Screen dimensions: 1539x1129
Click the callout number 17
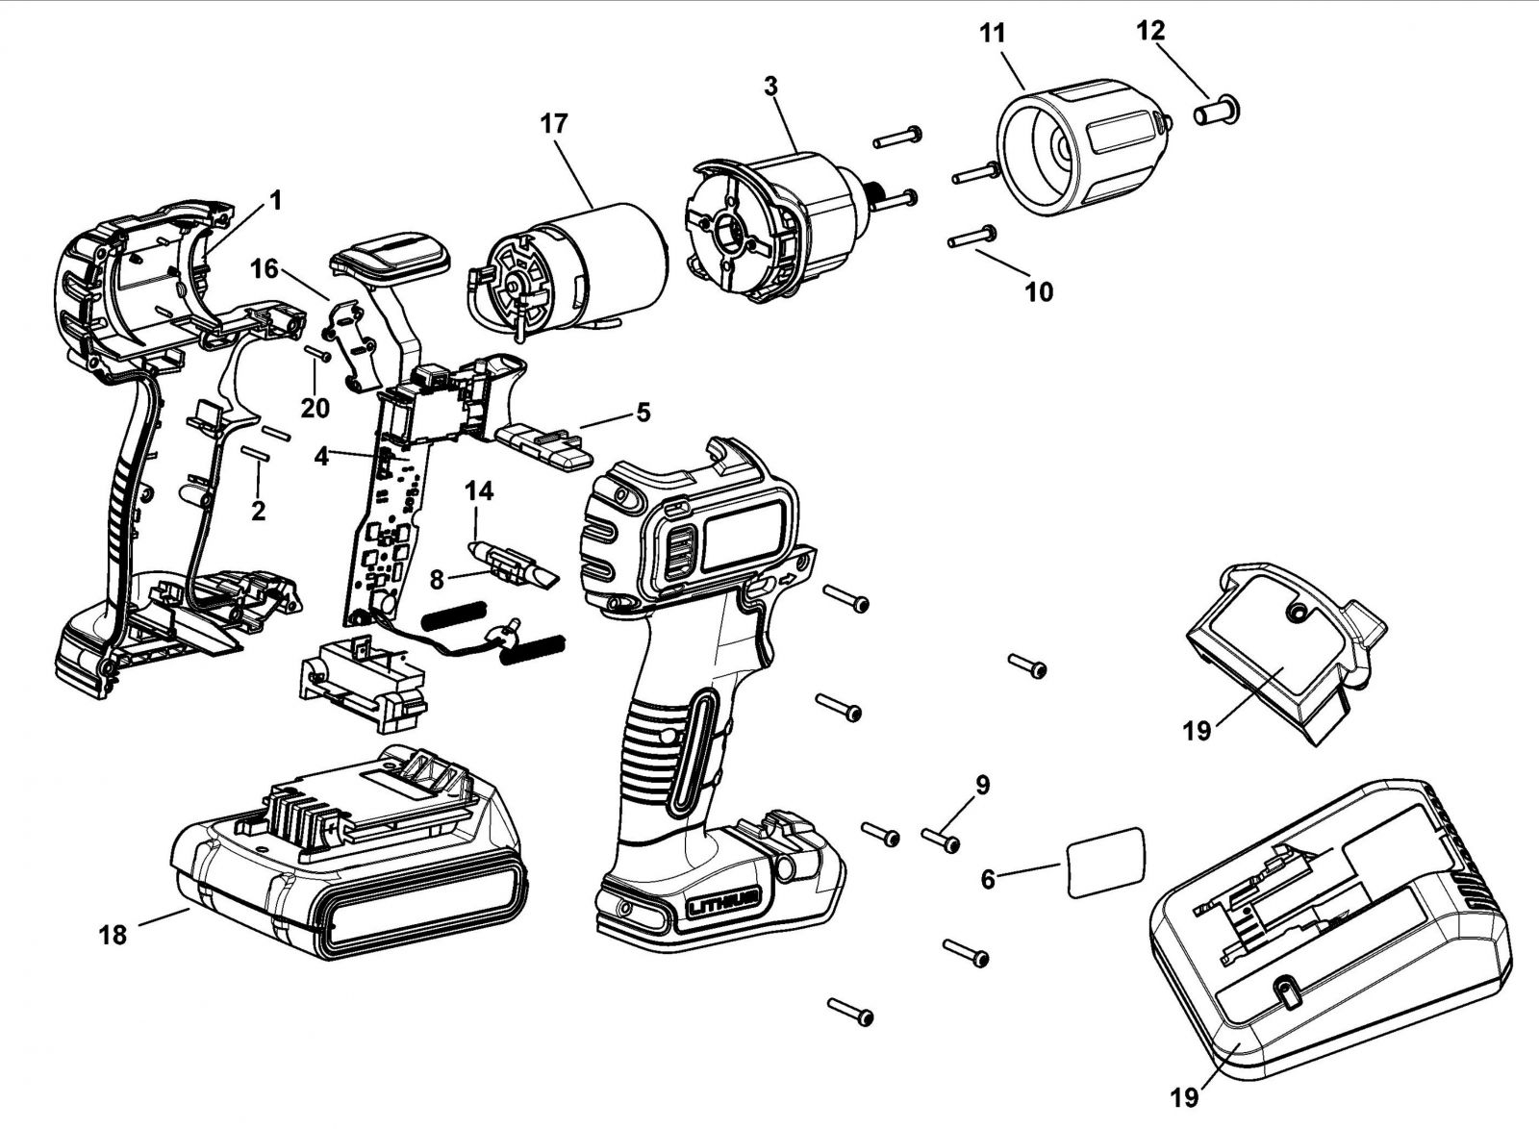(554, 124)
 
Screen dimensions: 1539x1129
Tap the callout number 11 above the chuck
(992, 34)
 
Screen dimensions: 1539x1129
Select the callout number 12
(1151, 31)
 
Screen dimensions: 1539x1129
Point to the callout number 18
(114, 935)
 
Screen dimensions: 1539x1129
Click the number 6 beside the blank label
(988, 880)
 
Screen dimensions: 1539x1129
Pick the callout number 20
(315, 408)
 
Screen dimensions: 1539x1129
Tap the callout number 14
(479, 491)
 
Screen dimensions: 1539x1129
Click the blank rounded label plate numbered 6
(1106, 863)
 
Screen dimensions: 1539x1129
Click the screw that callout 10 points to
(972, 236)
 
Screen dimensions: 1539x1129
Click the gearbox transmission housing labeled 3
(780, 232)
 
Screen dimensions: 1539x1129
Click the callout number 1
(275, 201)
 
